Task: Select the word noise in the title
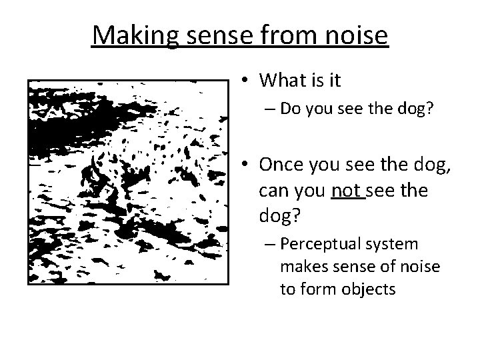pyautogui.click(x=354, y=35)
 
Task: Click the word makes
pyautogui.click(x=301, y=267)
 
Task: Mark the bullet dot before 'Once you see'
pyautogui.click(x=246, y=165)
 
